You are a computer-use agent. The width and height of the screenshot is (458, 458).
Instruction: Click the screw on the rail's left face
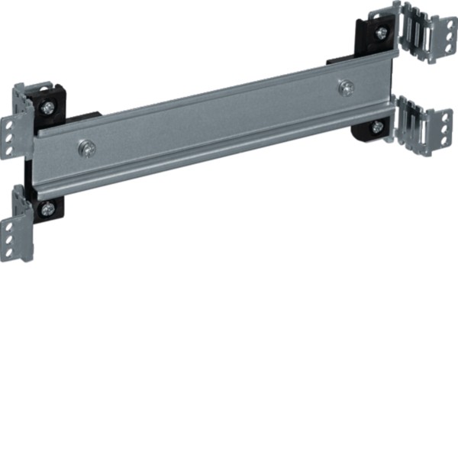[x=89, y=147]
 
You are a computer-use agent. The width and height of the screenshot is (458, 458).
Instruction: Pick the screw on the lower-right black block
[x=377, y=127]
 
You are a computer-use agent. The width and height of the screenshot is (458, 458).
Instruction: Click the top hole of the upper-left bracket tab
[x=9, y=122]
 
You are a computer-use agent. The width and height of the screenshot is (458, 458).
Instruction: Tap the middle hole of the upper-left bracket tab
[x=9, y=135]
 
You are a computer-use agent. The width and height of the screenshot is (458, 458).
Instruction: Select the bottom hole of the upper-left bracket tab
[x=9, y=148]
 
